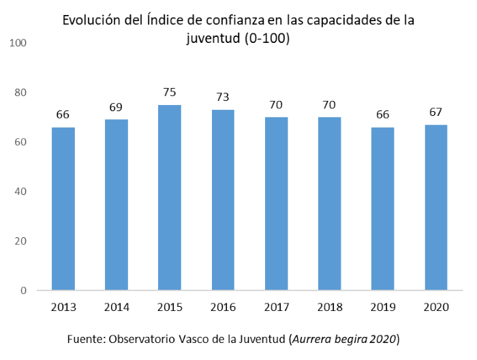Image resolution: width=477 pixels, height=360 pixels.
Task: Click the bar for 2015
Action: pyautogui.click(x=170, y=198)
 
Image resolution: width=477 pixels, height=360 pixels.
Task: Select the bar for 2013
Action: pyautogui.click(x=63, y=209)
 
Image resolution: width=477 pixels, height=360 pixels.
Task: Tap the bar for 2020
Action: pyautogui.click(x=436, y=207)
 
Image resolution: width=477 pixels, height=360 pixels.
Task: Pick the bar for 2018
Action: pyautogui.click(x=329, y=204)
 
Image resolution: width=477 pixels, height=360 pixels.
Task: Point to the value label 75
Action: pyautogui.click(x=170, y=92)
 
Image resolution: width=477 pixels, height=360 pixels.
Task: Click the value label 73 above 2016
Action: pyautogui.click(x=223, y=97)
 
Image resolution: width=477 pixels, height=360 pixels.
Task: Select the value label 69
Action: pyautogui.click(x=116, y=107)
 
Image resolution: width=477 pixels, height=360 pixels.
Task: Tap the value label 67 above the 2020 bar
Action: pyautogui.click(x=436, y=112)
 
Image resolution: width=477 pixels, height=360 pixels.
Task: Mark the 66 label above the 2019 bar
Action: pyautogui.click(x=383, y=115)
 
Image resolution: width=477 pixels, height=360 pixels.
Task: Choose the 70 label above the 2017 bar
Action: pyautogui.click(x=276, y=104)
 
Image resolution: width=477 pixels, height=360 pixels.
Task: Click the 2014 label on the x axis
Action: pyautogui.click(x=116, y=307)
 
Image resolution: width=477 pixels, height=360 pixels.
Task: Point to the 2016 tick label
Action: pyautogui.click(x=223, y=307)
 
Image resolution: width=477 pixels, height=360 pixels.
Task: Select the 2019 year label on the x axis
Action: pyautogui.click(x=383, y=307)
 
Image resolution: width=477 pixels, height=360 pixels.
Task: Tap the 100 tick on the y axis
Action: pyautogui.click(x=18, y=43)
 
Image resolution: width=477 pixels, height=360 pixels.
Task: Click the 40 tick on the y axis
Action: pyautogui.click(x=20, y=192)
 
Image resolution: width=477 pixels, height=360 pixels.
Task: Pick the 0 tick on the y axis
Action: pyautogui.click(x=23, y=290)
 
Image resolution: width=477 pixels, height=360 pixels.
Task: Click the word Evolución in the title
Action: pyautogui.click(x=89, y=20)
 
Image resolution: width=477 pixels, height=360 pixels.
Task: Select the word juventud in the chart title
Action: pyautogui.click(x=210, y=39)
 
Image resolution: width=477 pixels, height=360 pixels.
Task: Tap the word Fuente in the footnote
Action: pyautogui.click(x=86, y=339)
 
